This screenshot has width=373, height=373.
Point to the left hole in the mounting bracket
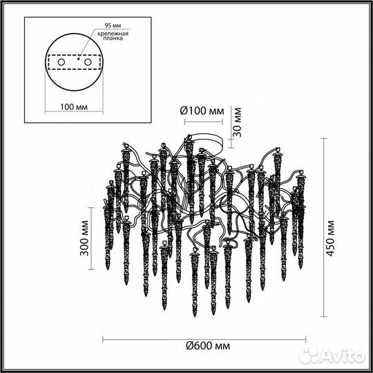[60, 61]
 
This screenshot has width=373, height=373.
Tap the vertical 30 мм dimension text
[237, 119]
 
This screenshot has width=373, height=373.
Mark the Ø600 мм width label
[208, 345]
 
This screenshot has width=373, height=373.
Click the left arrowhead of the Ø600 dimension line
[105, 338]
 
